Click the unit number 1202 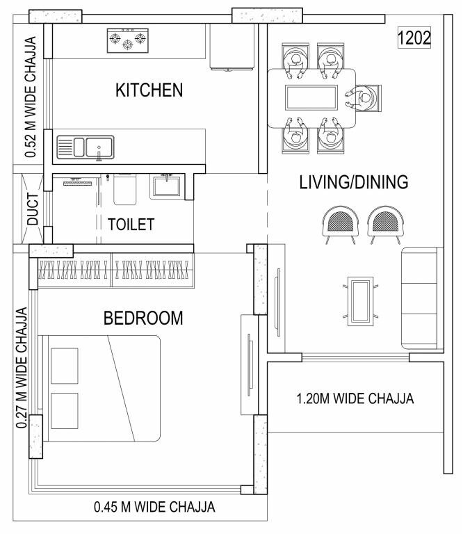414,38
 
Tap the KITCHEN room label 149,90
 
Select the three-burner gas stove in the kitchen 127,41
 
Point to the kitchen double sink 86,147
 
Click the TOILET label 131,225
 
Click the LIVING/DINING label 353,183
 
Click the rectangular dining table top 312,97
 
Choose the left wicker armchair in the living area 341,225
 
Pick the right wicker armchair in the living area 385,225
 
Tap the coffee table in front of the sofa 362,300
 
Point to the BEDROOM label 143,318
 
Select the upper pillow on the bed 64,364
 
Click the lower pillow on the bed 64,412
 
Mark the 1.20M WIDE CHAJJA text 355,399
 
